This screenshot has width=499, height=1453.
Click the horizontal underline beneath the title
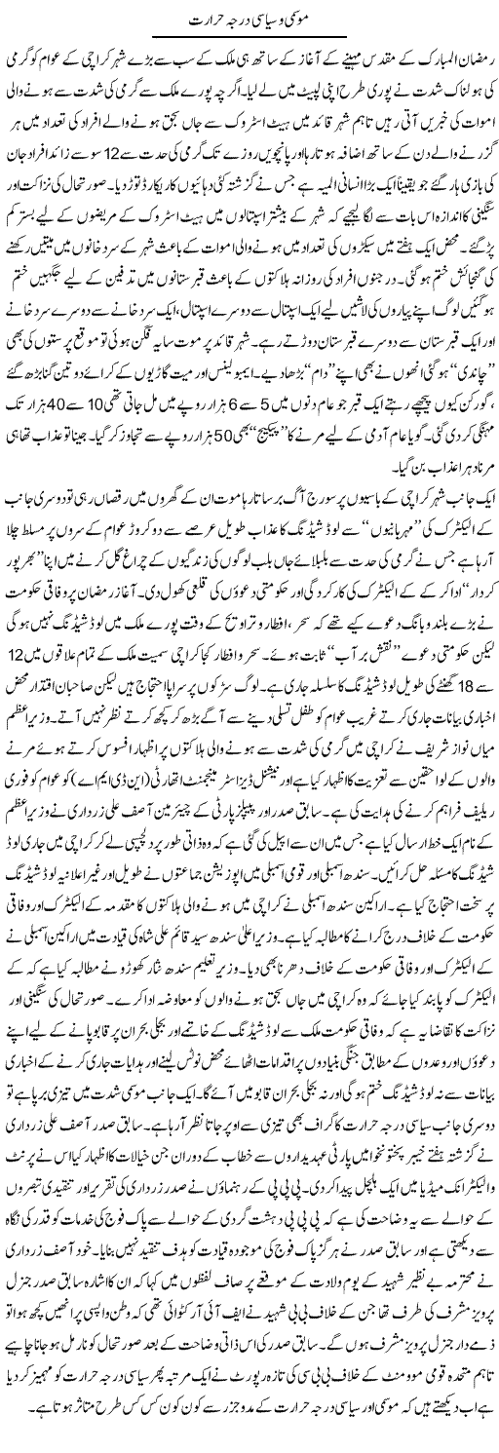(x=249, y=36)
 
